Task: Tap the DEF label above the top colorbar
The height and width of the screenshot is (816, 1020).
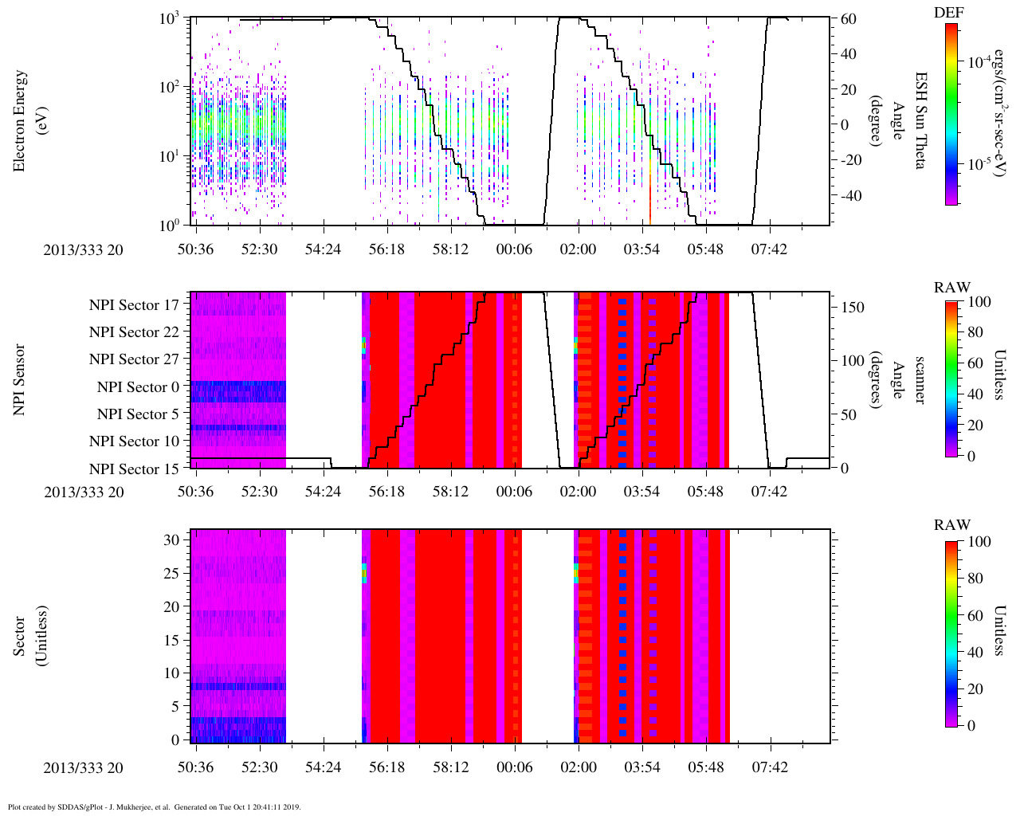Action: click(x=947, y=13)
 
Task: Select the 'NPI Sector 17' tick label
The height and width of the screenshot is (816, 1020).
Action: click(x=134, y=305)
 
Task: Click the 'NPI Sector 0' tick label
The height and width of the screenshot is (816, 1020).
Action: click(x=138, y=387)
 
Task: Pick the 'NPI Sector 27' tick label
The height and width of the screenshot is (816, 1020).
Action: click(x=134, y=359)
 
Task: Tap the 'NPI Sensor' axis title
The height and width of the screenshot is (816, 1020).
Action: click(x=20, y=379)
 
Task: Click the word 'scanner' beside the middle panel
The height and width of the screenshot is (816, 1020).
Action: click(x=919, y=380)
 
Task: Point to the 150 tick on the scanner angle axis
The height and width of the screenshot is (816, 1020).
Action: click(x=853, y=308)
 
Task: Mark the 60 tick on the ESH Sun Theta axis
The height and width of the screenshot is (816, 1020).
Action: click(x=848, y=19)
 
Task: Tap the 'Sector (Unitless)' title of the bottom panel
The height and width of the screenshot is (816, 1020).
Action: click(x=31, y=636)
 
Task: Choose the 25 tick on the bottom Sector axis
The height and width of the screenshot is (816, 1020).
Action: click(x=172, y=574)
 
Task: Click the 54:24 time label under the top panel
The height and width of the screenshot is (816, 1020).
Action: click(x=323, y=249)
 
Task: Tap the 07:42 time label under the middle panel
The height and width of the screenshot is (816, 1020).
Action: click(x=769, y=492)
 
